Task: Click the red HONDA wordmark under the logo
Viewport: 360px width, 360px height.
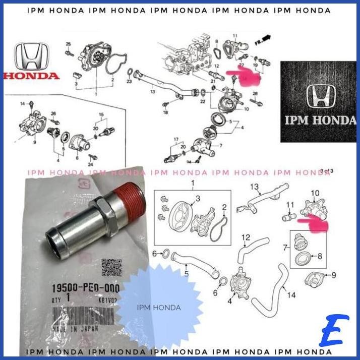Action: (31, 76)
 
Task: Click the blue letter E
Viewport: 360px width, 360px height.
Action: (334, 331)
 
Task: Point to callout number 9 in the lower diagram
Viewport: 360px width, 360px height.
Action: (333, 275)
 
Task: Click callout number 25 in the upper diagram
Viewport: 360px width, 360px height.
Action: (69, 44)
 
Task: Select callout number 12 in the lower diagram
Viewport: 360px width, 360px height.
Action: (246, 237)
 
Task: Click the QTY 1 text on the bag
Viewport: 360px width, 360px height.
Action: (61, 297)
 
